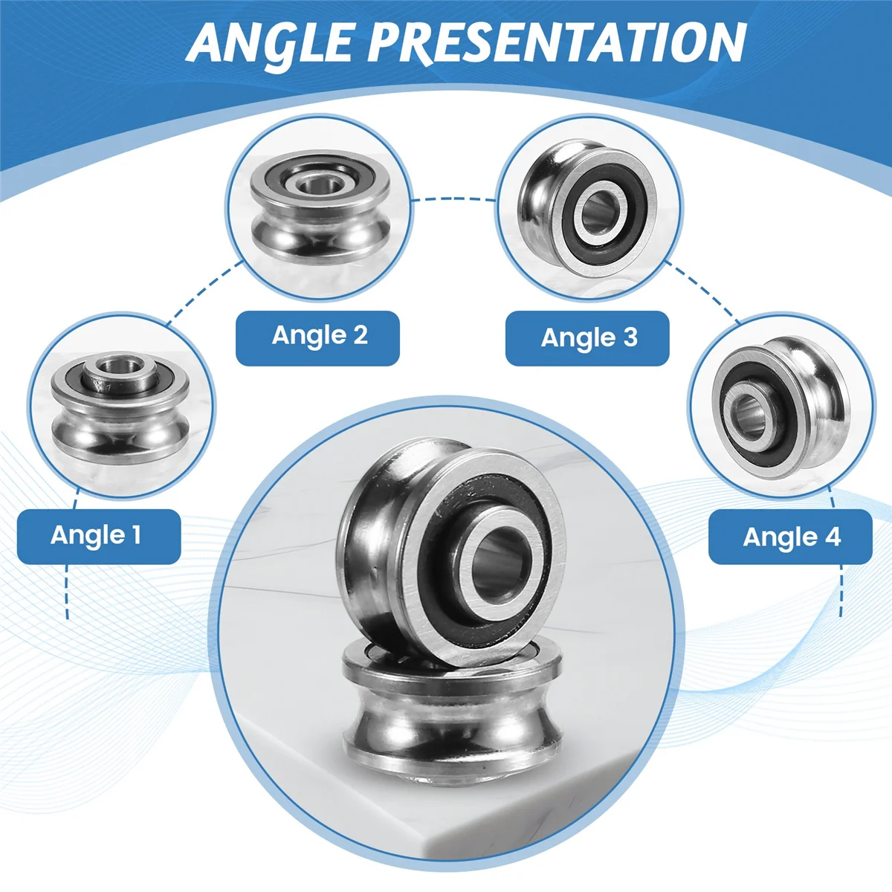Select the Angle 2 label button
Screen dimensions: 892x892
317,337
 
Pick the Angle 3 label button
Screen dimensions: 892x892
587,338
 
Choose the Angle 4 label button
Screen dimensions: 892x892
790,537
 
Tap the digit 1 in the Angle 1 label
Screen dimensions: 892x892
136,535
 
